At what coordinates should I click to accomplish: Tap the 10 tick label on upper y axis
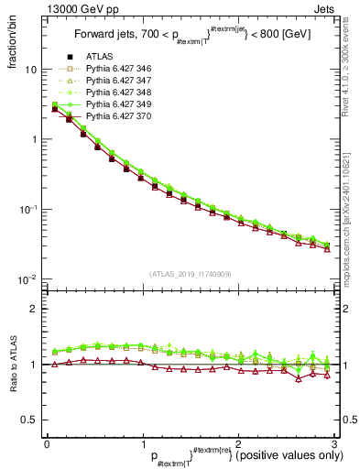[30, 70]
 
